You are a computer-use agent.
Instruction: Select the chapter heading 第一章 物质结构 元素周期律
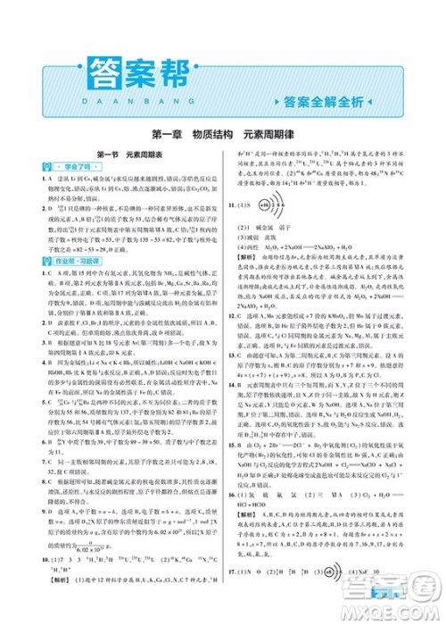222,137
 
